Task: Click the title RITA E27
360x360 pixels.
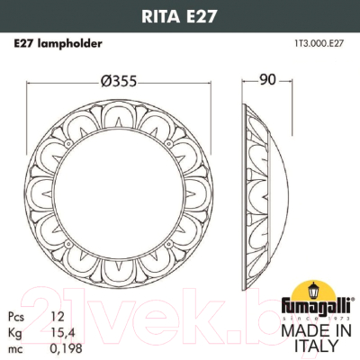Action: coord(180,13)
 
